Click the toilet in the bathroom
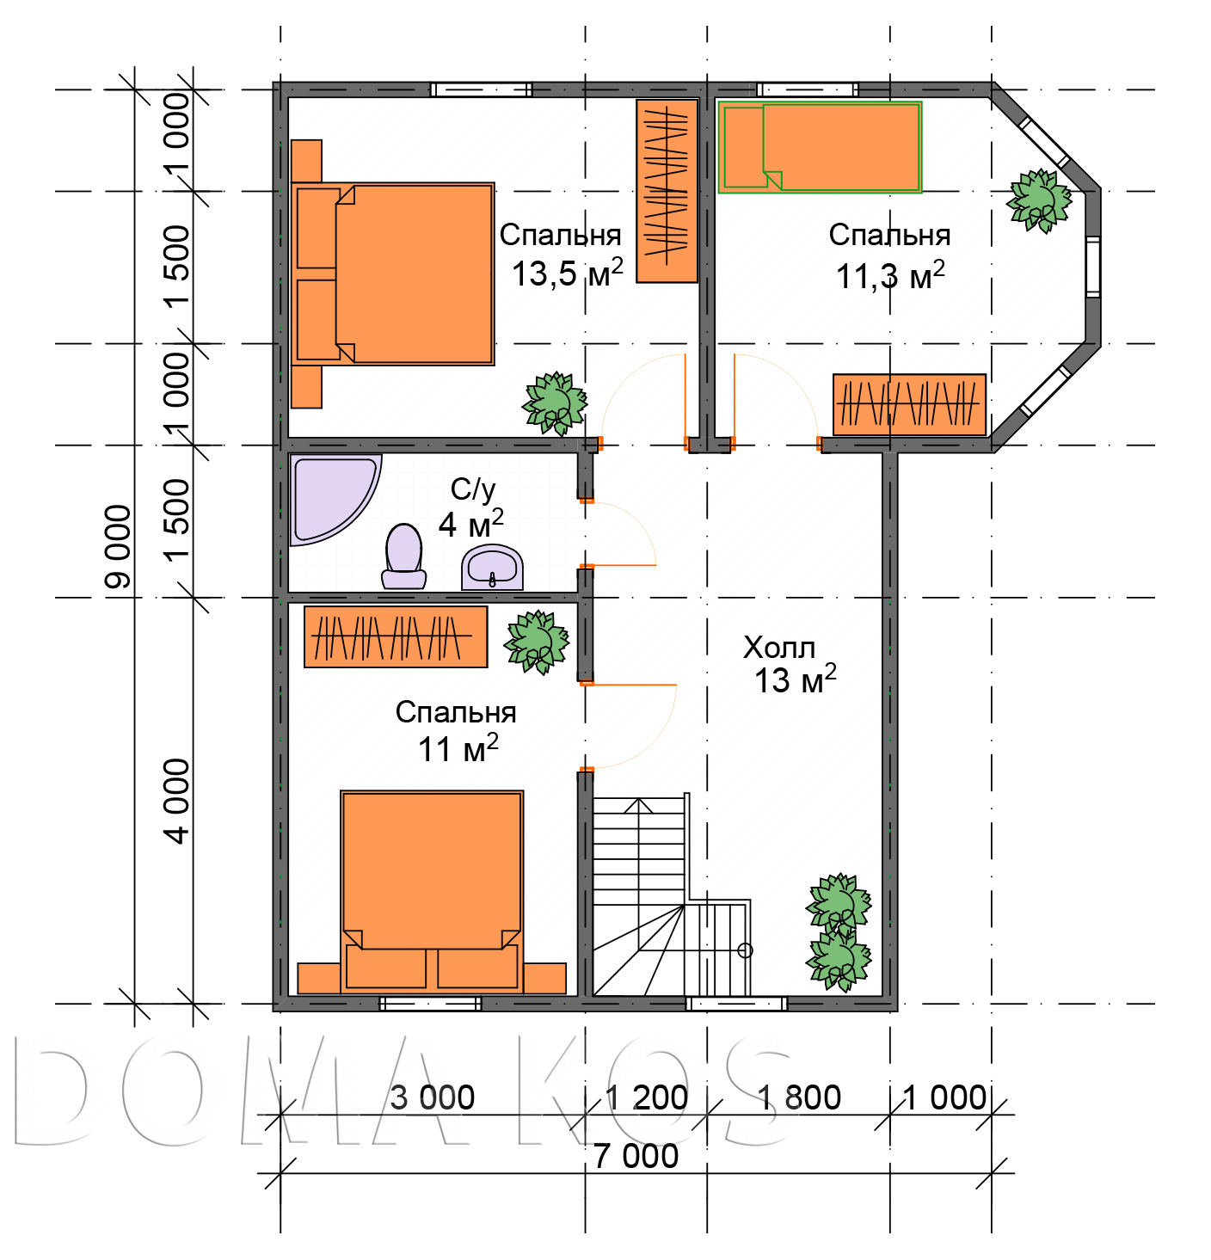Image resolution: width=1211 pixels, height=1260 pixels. [x=403, y=556]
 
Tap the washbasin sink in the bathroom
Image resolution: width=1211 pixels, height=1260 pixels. [x=492, y=568]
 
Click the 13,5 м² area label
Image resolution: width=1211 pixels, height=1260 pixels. [x=568, y=274]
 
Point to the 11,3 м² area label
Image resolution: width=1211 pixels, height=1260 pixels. [x=890, y=276]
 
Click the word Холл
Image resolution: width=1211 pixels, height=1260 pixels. [x=778, y=647]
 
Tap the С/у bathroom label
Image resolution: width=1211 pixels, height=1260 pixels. [x=473, y=491]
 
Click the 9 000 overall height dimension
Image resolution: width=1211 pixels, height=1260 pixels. [x=118, y=546]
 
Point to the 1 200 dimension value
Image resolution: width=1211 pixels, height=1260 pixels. [x=646, y=1097]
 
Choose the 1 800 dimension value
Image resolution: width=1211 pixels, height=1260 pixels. [x=798, y=1097]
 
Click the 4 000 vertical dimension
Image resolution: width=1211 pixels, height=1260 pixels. [x=177, y=801]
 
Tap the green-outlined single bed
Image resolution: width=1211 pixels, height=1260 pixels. [x=820, y=148]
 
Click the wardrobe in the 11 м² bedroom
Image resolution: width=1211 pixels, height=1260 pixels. [x=396, y=636]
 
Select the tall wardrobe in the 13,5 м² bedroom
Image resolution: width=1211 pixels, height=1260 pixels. [x=667, y=191]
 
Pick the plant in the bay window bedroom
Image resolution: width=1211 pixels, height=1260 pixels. [x=1038, y=200]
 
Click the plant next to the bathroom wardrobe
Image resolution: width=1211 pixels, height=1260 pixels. [x=537, y=642]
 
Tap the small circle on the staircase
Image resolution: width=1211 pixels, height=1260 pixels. [x=745, y=950]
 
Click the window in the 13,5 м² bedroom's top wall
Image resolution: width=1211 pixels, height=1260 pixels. [x=481, y=89]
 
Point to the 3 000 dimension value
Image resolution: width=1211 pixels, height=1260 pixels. [x=432, y=1097]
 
